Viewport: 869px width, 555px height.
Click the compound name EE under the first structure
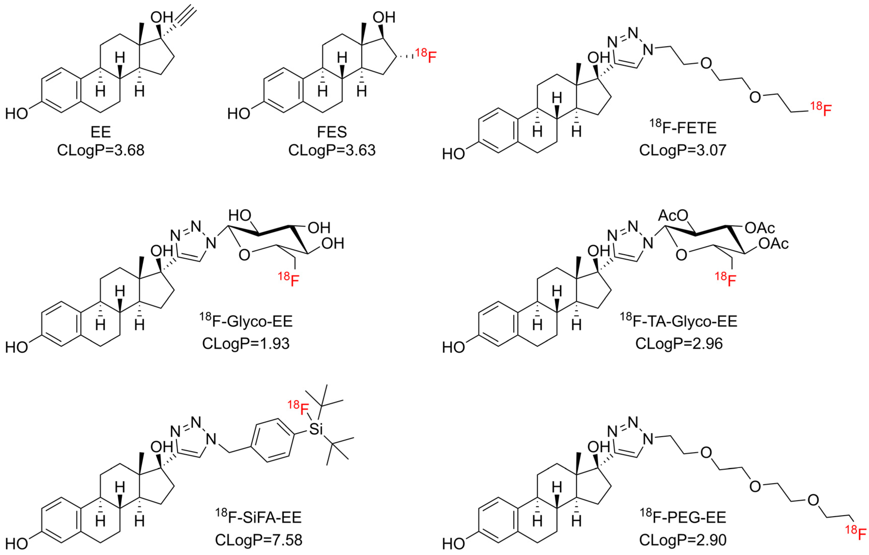pos(101,132)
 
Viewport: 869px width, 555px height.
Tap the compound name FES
pos(332,132)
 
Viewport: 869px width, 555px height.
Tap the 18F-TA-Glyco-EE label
pos(678,321)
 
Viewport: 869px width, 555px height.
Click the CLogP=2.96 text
pos(679,343)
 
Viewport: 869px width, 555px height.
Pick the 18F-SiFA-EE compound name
pos(258,517)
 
